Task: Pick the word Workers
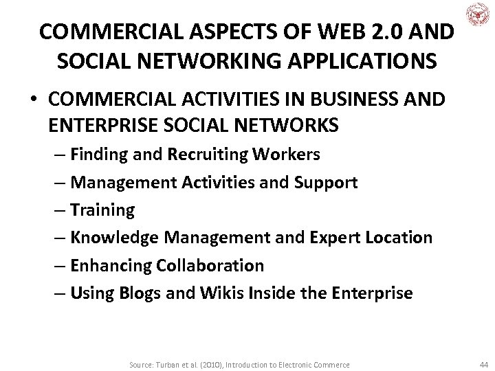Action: (x=290, y=155)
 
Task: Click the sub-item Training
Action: (x=102, y=210)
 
